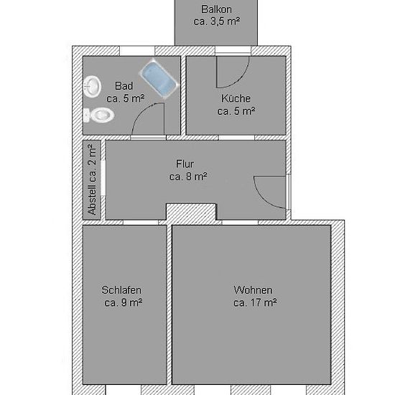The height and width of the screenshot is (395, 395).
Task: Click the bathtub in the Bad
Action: point(159,78)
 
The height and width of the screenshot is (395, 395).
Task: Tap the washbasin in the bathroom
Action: point(92,87)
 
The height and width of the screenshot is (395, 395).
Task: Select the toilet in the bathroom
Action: point(98,115)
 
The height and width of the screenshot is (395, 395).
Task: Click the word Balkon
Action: point(216,9)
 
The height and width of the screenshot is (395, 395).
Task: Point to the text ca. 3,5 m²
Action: point(217,22)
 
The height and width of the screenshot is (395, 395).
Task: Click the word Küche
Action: point(236,98)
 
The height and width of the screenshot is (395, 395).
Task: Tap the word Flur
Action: point(185,164)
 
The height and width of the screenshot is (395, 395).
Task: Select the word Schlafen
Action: point(121,290)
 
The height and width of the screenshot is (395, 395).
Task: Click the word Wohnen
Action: point(253,290)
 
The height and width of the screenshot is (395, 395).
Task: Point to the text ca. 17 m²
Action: point(255,302)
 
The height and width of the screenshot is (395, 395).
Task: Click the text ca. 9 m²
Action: point(124,302)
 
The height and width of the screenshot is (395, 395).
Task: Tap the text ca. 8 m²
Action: point(188,177)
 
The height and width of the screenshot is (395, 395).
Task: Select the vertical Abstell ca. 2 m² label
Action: point(92,180)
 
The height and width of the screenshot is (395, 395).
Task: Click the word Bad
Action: point(124,86)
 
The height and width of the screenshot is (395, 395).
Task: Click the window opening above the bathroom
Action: point(137,51)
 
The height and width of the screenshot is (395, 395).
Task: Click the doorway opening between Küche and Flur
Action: point(236,138)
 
